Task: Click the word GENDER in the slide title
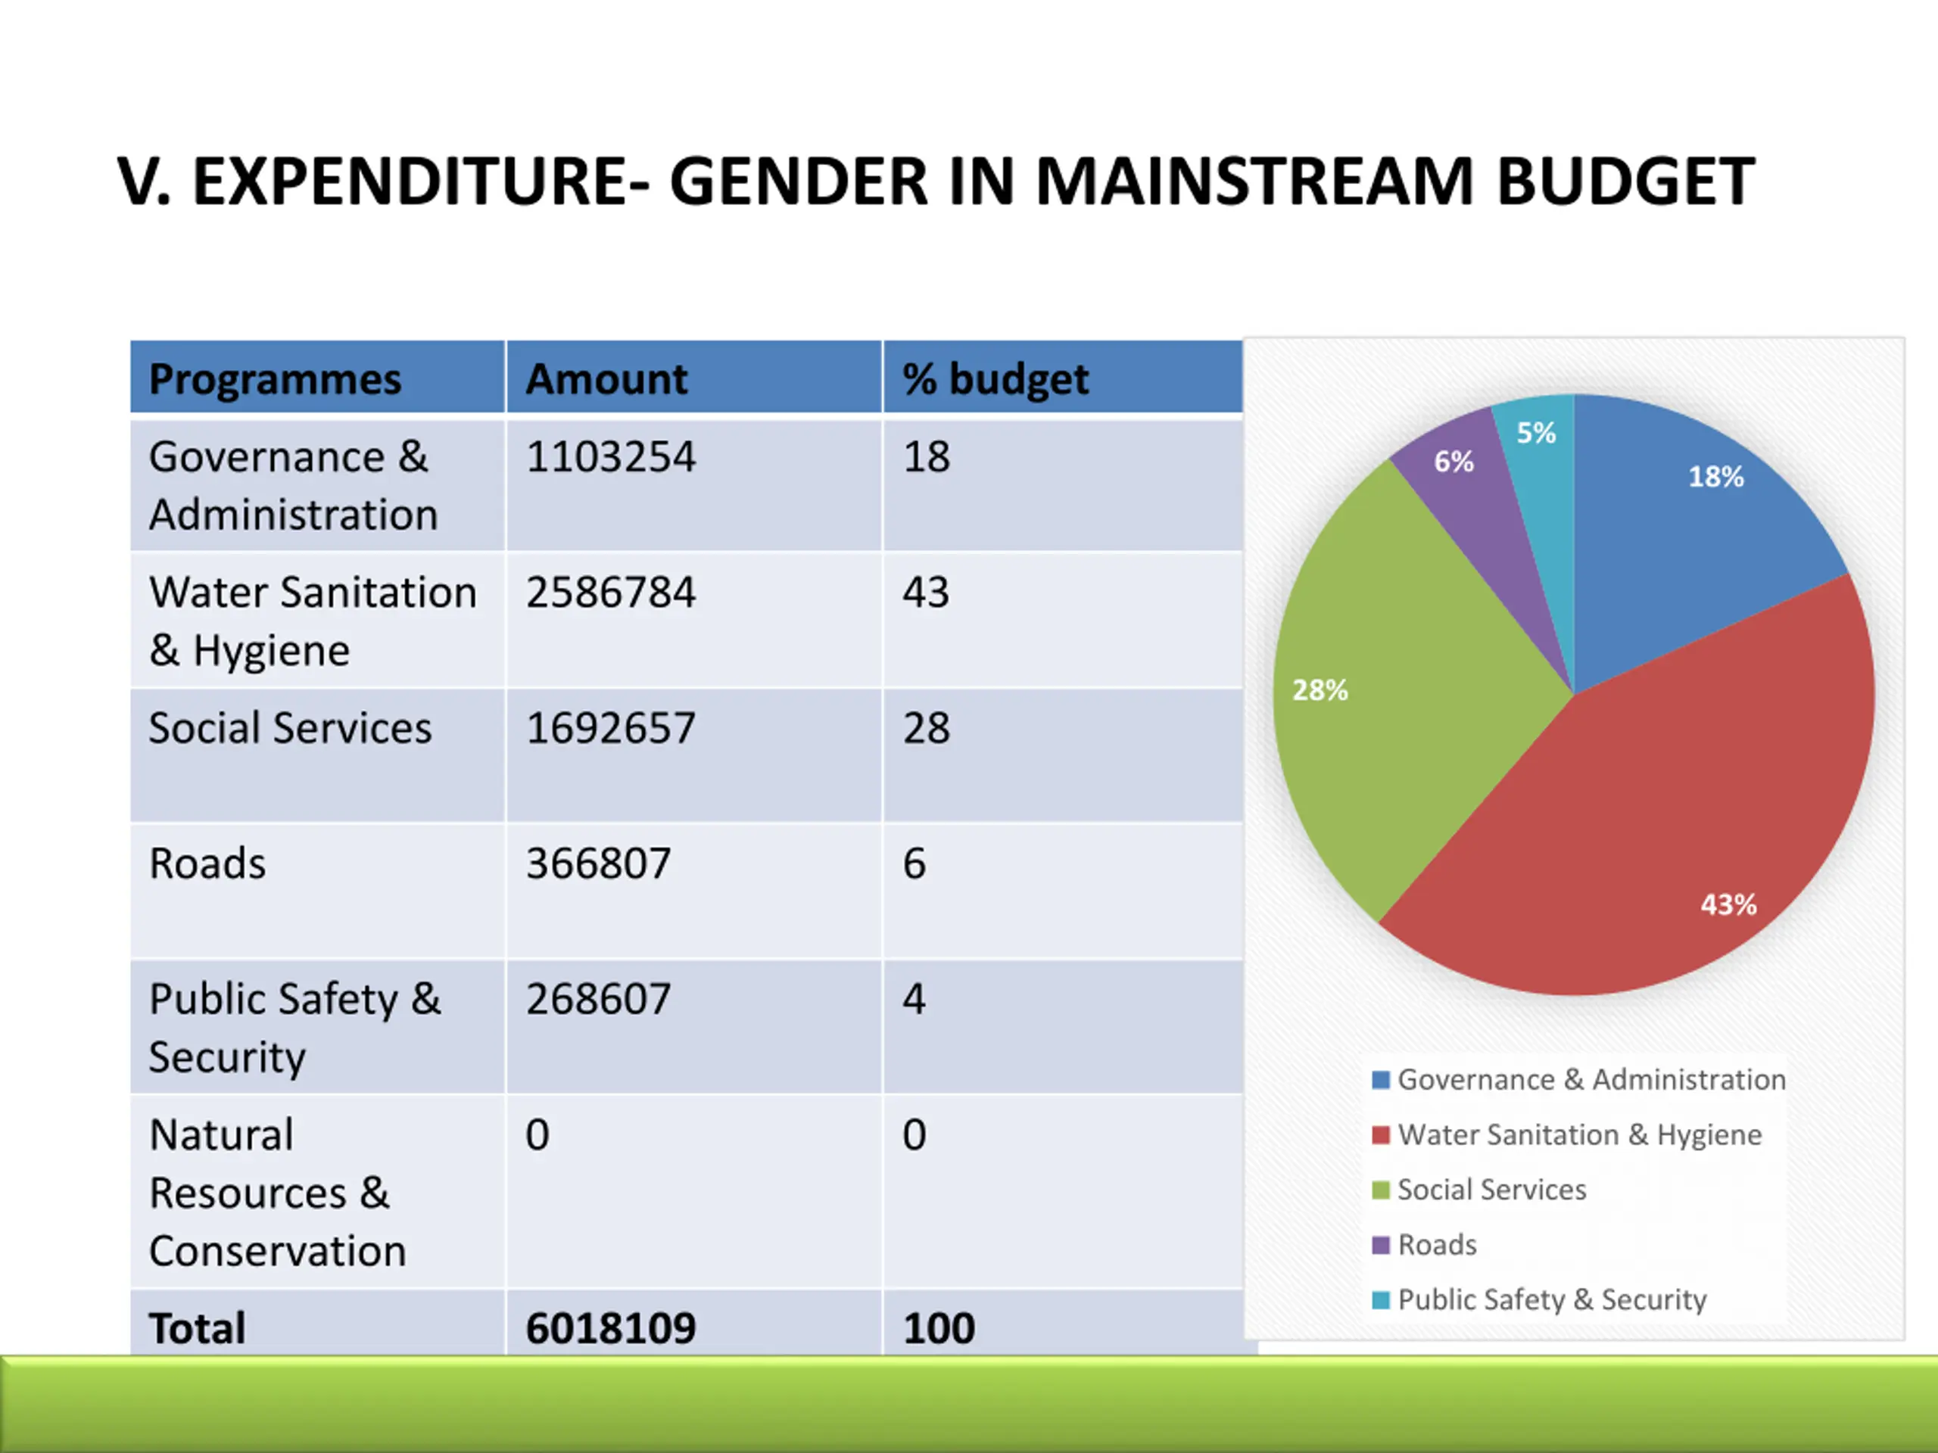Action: tap(797, 182)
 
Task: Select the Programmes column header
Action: tap(274, 379)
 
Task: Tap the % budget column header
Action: tap(995, 379)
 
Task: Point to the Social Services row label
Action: tap(290, 728)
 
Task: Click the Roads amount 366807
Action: tap(597, 863)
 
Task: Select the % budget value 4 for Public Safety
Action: tap(914, 1000)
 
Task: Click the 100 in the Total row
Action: tap(938, 1328)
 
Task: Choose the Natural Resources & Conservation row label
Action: tap(277, 1192)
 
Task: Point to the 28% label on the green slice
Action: tap(1320, 690)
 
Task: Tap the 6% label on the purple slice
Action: tap(1453, 462)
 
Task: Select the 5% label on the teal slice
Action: tap(1536, 433)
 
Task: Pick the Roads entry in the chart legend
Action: tap(1436, 1245)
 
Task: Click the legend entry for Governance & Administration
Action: tap(1591, 1080)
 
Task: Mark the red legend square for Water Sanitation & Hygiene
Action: tap(1381, 1135)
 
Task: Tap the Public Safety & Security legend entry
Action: tap(1550, 1299)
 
